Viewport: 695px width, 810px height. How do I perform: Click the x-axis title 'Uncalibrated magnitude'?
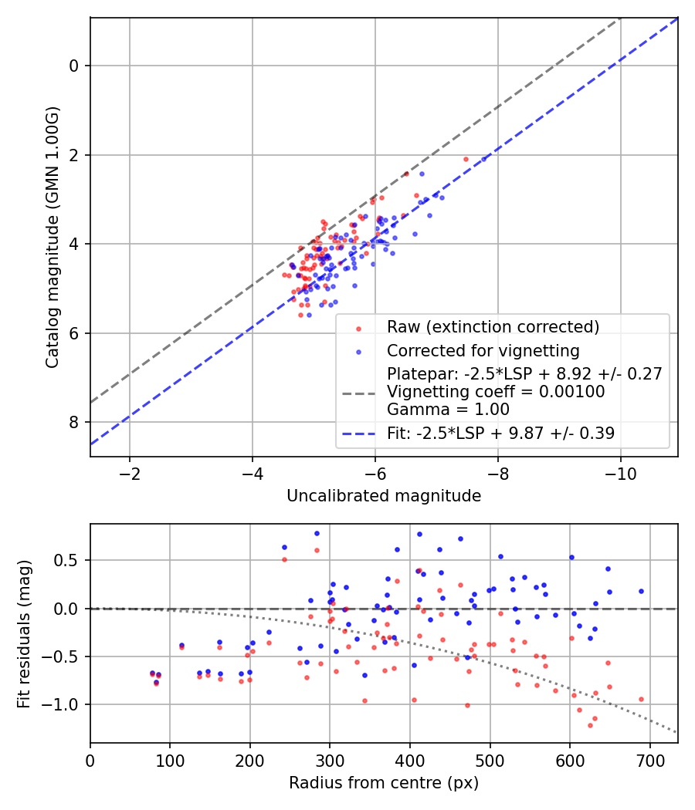pyautogui.click(x=384, y=496)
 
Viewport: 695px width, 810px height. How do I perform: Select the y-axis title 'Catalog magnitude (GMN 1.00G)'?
pyautogui.click(x=52, y=237)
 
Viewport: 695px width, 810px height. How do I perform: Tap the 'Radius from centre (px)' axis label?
pyautogui.click(x=384, y=783)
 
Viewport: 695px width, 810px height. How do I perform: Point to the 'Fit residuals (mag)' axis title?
pyautogui.click(x=23, y=633)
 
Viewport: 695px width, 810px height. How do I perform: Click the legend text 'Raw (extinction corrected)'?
pyautogui.click(x=493, y=327)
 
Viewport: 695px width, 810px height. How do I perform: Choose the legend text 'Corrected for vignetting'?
pyautogui.click(x=483, y=351)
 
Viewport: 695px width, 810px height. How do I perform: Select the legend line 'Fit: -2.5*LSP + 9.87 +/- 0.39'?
pyautogui.click(x=500, y=434)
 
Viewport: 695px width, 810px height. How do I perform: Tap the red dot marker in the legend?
pyautogui.click(x=358, y=328)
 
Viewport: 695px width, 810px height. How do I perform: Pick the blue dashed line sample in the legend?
pyautogui.click(x=358, y=434)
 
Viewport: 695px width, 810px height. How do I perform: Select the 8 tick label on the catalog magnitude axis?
pyautogui.click(x=74, y=422)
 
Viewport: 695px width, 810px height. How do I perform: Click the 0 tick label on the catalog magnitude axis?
pyautogui.click(x=74, y=66)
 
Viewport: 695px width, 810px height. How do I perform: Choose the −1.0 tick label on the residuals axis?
pyautogui.click(x=67, y=705)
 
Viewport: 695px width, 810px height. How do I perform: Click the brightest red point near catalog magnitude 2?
pyautogui.click(x=466, y=159)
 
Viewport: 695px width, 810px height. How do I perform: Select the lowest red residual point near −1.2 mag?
pyautogui.click(x=590, y=725)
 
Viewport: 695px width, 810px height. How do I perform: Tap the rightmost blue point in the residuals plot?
pyautogui.click(x=641, y=591)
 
